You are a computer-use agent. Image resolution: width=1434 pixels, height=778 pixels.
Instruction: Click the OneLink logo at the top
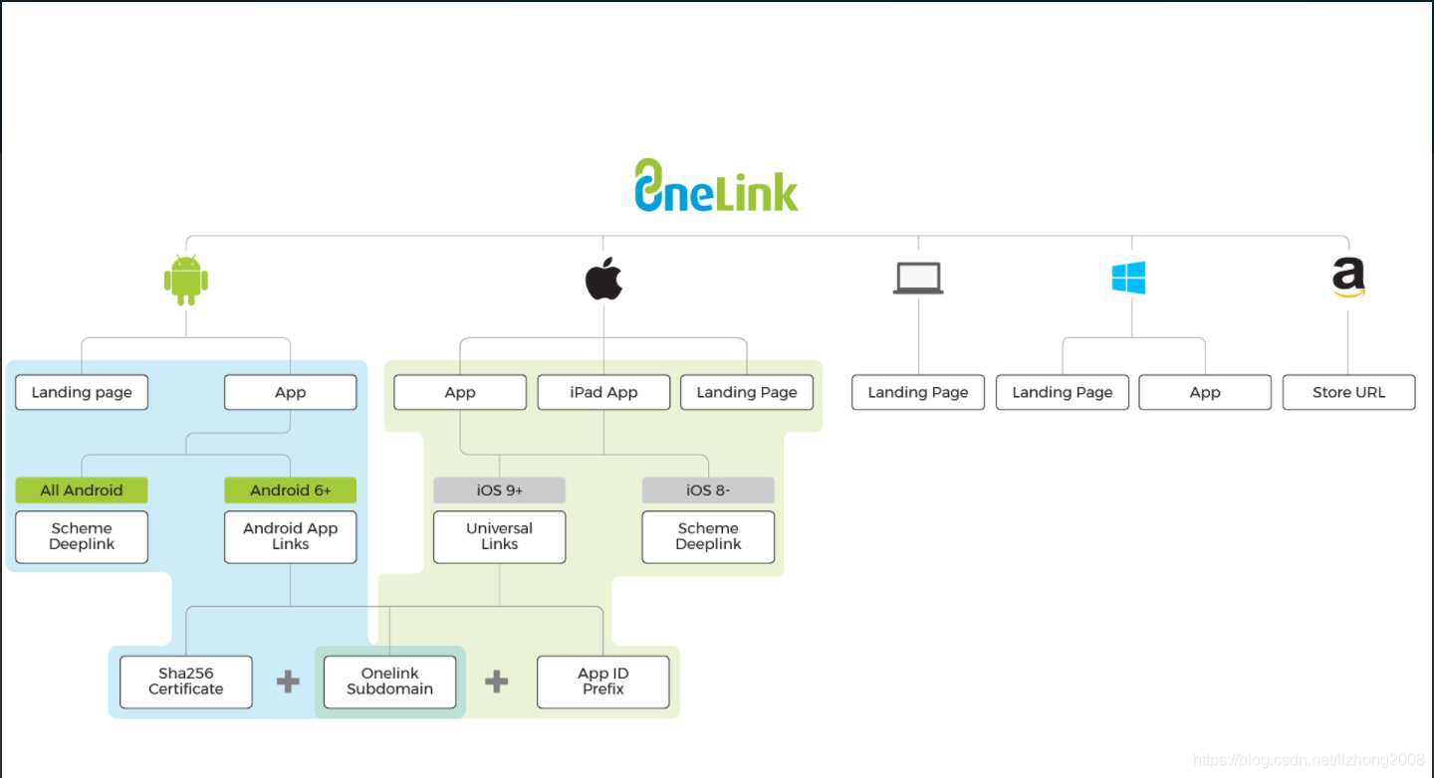(x=716, y=185)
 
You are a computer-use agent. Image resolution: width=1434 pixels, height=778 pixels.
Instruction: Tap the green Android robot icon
(x=186, y=280)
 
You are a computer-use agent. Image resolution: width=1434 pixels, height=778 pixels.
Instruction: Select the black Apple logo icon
(x=603, y=279)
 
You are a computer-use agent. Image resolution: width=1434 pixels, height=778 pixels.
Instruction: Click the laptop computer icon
(x=917, y=279)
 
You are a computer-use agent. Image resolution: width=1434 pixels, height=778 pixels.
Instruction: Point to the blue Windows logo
(x=1128, y=279)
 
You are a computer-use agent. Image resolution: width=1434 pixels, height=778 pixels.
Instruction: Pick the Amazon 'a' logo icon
(x=1348, y=279)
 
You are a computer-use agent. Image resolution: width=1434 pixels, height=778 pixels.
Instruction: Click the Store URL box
(x=1348, y=392)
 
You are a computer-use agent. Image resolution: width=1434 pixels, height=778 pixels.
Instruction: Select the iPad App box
(x=603, y=392)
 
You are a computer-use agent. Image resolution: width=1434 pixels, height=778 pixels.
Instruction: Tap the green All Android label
(x=82, y=490)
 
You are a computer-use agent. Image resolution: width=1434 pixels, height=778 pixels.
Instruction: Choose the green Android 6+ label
(x=290, y=490)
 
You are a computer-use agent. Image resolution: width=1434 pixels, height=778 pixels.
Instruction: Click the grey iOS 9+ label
(x=499, y=490)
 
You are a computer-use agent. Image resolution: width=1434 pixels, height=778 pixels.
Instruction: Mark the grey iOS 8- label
(x=708, y=490)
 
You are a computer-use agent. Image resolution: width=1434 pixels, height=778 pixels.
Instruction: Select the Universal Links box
(x=499, y=537)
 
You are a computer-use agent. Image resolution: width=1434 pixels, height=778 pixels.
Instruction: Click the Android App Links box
(x=290, y=537)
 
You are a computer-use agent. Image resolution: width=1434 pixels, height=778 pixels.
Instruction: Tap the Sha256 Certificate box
(x=186, y=681)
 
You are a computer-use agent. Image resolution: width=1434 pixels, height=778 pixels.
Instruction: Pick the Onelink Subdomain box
(x=389, y=681)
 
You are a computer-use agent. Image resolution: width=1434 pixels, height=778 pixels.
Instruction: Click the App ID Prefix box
(x=603, y=681)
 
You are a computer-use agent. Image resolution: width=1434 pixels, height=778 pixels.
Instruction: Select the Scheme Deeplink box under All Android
(x=82, y=537)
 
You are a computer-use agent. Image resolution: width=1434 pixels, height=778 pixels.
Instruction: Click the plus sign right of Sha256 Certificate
(x=288, y=681)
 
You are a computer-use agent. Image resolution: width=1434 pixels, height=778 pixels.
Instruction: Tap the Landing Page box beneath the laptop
(x=917, y=392)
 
